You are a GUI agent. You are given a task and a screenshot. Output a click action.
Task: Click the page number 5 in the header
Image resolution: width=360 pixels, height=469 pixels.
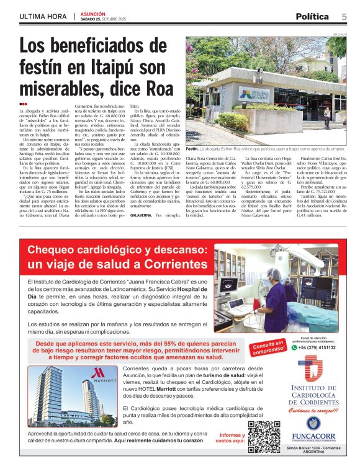coord(344,16)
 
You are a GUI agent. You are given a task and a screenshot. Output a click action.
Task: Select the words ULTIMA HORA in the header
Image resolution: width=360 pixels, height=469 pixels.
coord(43,16)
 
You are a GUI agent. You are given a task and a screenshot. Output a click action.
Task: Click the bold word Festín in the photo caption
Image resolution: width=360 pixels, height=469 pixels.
coord(192,149)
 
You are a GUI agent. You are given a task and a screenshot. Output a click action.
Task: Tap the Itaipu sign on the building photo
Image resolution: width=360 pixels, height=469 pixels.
coord(254,95)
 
